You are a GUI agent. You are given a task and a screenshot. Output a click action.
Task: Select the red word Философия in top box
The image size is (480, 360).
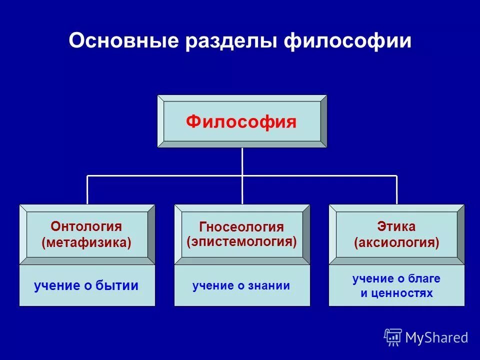(241, 122)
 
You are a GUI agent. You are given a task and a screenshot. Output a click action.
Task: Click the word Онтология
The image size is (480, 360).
(86, 226)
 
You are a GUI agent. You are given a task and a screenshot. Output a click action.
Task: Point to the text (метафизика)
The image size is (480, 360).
(86, 243)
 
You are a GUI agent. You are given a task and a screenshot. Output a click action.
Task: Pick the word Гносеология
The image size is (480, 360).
(241, 227)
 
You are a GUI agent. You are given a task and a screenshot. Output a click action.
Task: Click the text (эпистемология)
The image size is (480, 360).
(241, 242)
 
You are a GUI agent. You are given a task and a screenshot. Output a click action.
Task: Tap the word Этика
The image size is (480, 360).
(396, 226)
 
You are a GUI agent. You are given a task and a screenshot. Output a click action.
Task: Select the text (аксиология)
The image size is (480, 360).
(396, 243)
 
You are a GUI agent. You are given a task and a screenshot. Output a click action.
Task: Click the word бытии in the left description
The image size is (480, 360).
(118, 286)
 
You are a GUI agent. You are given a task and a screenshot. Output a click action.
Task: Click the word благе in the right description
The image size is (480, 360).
(423, 278)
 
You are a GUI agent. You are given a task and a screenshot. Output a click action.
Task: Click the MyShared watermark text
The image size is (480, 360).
(436, 337)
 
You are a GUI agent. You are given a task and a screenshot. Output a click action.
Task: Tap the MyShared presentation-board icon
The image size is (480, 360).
(392, 337)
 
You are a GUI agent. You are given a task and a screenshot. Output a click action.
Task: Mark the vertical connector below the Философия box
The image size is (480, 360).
(242, 161)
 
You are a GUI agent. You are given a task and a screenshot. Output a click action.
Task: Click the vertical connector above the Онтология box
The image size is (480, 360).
(87, 190)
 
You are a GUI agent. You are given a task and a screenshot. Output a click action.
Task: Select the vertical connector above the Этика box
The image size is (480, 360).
(396, 190)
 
